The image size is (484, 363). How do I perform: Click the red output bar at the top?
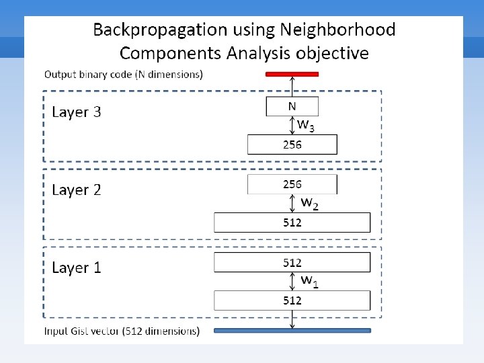click(x=292, y=74)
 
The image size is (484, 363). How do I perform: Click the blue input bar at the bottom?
click(x=292, y=330)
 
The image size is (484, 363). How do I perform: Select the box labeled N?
click(x=292, y=106)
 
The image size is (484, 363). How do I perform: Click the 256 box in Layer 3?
click(x=292, y=145)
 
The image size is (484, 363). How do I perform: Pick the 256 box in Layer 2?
click(x=292, y=184)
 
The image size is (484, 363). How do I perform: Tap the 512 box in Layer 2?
click(x=292, y=223)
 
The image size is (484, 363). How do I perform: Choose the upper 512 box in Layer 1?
click(x=292, y=262)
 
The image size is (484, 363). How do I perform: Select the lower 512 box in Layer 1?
click(x=292, y=300)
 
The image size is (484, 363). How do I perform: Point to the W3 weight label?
click(x=306, y=125)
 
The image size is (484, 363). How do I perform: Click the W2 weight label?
click(x=309, y=203)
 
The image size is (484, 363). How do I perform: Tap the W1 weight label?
click(x=309, y=280)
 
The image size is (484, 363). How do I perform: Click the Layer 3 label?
click(x=77, y=112)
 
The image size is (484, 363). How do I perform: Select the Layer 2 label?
click(x=77, y=190)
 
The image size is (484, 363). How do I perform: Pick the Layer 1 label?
click(x=77, y=268)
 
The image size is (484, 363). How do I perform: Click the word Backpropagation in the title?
click(x=152, y=30)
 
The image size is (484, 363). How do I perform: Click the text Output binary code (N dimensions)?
click(x=123, y=74)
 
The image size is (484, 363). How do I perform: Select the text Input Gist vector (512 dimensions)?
click(x=122, y=331)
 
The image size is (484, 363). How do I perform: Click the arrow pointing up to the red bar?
click(x=292, y=86)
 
